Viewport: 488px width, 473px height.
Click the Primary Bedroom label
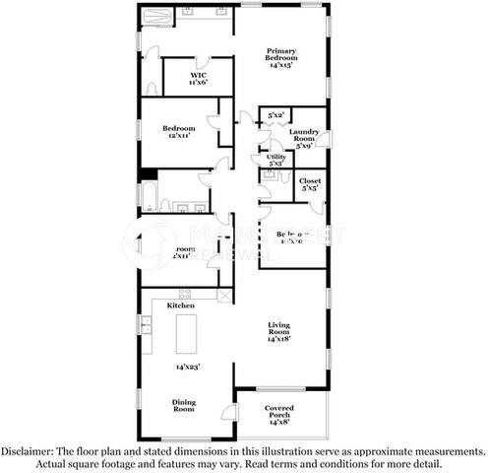(x=281, y=56)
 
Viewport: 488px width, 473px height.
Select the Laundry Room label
(x=302, y=137)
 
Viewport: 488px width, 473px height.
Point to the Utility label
(x=276, y=160)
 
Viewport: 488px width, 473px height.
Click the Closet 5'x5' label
(x=309, y=185)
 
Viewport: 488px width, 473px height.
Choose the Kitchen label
(x=180, y=306)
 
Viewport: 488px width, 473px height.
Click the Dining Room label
(x=184, y=405)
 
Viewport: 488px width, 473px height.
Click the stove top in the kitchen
(x=184, y=293)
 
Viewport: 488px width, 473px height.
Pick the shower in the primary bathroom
(x=158, y=15)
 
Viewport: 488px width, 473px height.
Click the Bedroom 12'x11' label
(x=179, y=132)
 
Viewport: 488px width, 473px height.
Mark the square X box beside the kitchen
(x=223, y=294)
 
